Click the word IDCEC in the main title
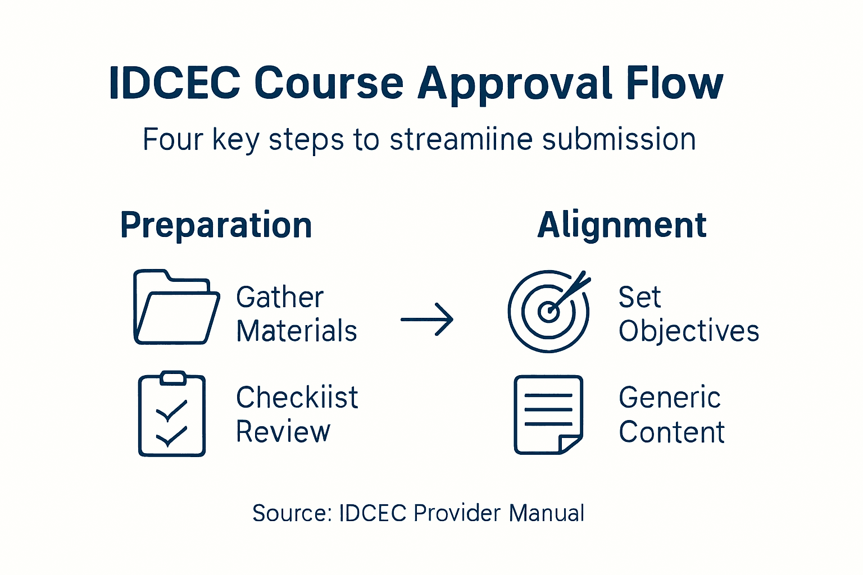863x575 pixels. pyautogui.click(x=174, y=83)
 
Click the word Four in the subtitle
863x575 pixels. pyautogui.click(x=172, y=139)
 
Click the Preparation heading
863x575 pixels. pyautogui.click(x=216, y=225)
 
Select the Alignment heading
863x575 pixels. pyautogui.click(x=621, y=225)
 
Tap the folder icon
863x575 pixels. pyautogui.click(x=176, y=307)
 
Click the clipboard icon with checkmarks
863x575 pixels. pyautogui.click(x=172, y=414)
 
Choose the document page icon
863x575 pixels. pyautogui.click(x=548, y=414)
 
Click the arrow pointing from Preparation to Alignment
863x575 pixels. pyautogui.click(x=427, y=320)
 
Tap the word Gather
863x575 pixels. pyautogui.click(x=280, y=297)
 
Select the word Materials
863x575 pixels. pyautogui.click(x=297, y=331)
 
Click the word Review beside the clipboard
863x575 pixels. pyautogui.click(x=283, y=432)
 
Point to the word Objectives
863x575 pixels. pyautogui.click(x=689, y=331)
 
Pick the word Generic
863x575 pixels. pyautogui.click(x=670, y=398)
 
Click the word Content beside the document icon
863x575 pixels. pyautogui.click(x=671, y=432)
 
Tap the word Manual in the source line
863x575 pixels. pyautogui.click(x=547, y=513)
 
